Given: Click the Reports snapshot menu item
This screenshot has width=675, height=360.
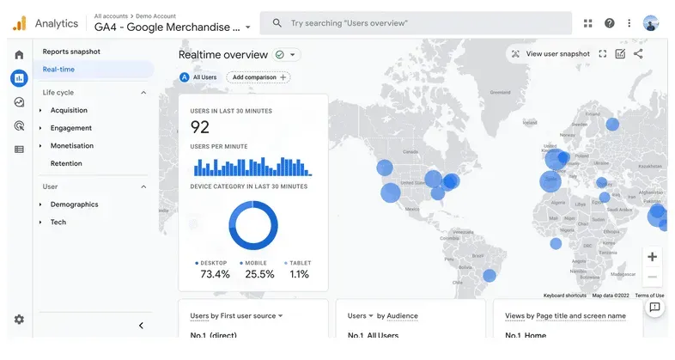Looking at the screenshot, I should click(71, 52).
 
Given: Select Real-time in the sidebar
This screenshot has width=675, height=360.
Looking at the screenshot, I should click(59, 70).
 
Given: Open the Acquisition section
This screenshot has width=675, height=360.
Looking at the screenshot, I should click(69, 110).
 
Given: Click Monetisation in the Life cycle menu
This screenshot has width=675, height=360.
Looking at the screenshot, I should click(72, 146).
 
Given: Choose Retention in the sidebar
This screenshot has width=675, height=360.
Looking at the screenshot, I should click(66, 163).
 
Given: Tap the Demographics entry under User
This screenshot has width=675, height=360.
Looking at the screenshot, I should click(74, 204).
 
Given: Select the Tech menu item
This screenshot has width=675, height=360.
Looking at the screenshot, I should click(58, 223).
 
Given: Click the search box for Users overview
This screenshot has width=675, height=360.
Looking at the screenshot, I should click(417, 23).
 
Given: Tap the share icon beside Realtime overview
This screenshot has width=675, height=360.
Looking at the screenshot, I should click(638, 54).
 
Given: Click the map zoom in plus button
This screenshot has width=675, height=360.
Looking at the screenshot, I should click(653, 257).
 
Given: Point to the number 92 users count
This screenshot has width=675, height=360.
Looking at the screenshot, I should click(200, 128).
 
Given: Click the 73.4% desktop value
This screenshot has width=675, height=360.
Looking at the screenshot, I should click(215, 274).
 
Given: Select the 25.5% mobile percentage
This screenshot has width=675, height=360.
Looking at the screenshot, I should click(259, 274).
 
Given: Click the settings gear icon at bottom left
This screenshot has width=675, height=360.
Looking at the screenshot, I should click(19, 320).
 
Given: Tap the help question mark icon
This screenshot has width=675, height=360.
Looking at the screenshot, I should click(610, 23).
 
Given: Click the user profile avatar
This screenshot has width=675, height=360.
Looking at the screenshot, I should click(651, 23).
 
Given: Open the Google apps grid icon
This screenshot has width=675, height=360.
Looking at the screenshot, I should click(588, 23).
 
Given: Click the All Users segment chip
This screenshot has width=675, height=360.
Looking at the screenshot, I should click(198, 77).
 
